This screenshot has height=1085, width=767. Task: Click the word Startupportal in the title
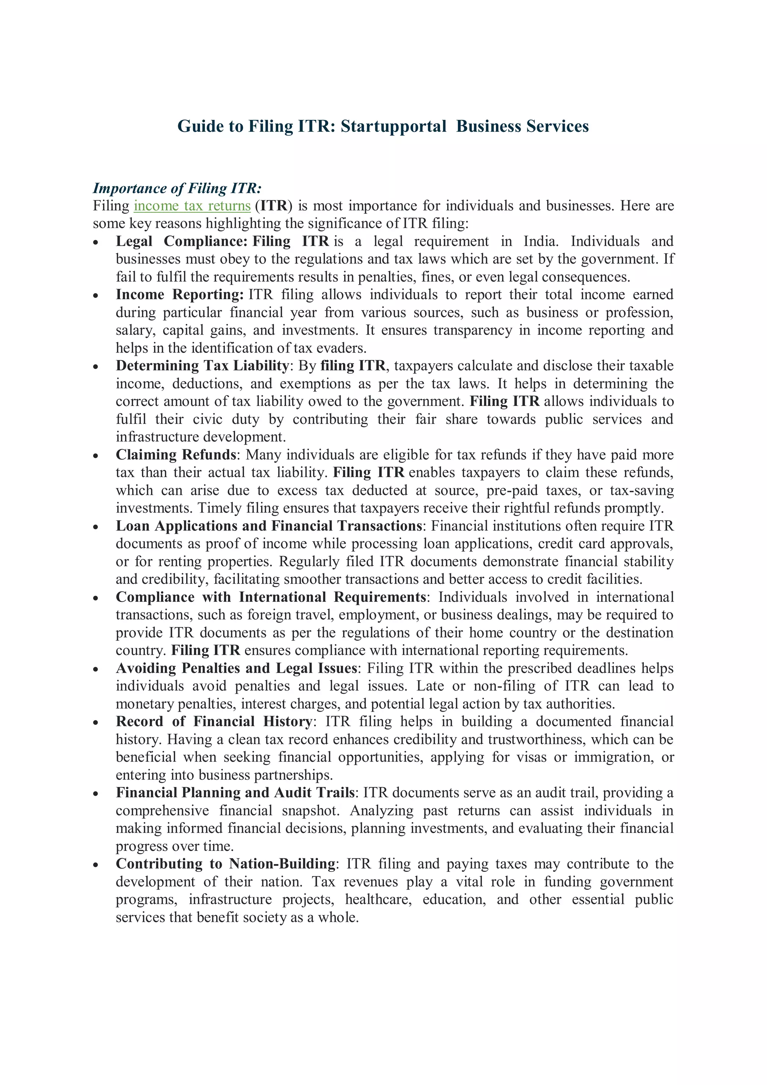click(x=393, y=126)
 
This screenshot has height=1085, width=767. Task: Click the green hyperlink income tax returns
click(x=192, y=206)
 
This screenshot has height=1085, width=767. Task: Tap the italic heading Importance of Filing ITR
click(x=177, y=188)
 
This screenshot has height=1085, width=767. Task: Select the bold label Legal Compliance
click(x=182, y=242)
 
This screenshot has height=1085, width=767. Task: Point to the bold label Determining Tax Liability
click(x=202, y=366)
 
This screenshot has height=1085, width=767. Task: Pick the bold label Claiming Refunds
click(x=176, y=455)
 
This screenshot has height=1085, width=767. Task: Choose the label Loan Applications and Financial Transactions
click(x=269, y=526)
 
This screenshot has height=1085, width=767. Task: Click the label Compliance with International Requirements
click(x=271, y=597)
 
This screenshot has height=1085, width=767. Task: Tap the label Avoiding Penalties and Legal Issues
click(x=236, y=668)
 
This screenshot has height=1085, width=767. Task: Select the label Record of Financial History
click(x=213, y=722)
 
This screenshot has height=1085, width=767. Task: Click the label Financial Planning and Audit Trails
click(x=235, y=792)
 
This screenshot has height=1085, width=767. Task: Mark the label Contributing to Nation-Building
click(x=225, y=864)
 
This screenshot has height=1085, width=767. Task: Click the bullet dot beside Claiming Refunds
click(x=96, y=456)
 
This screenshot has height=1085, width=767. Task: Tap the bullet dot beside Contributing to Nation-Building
click(x=96, y=865)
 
